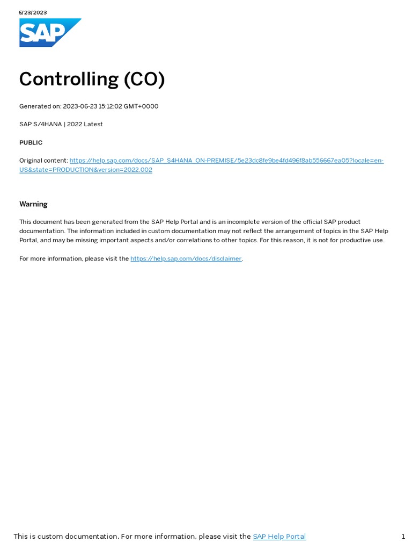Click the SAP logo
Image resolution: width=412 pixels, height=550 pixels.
click(x=50, y=33)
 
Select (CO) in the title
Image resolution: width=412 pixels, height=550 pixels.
click(x=144, y=79)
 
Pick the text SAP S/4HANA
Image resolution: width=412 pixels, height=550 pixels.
click(x=40, y=124)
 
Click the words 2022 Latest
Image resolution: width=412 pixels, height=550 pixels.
click(x=85, y=124)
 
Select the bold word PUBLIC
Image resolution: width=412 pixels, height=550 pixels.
click(x=31, y=142)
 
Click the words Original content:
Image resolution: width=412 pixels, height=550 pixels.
click(x=43, y=161)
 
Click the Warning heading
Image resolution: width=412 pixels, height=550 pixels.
click(x=33, y=204)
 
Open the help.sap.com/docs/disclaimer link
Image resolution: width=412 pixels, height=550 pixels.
click(x=186, y=259)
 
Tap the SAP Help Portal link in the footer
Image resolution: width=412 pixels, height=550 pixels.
click(x=279, y=536)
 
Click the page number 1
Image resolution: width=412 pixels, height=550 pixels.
click(x=403, y=536)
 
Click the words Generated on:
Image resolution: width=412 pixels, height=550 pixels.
click(x=40, y=106)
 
